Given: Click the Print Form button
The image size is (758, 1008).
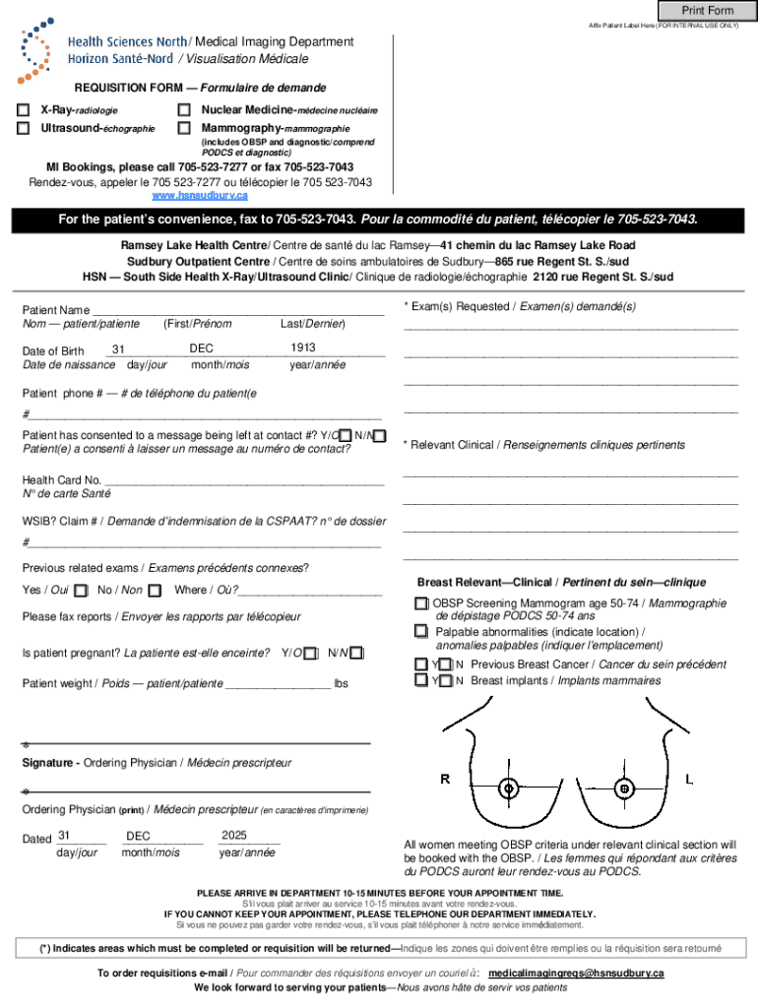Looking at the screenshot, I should (x=708, y=10).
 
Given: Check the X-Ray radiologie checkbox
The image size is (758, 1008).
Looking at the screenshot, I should (x=23, y=110).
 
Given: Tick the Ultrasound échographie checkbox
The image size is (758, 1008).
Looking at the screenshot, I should (x=23, y=128).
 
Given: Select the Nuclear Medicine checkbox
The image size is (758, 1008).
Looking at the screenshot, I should (x=183, y=110).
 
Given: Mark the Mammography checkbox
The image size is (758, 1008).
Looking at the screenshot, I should (x=183, y=128).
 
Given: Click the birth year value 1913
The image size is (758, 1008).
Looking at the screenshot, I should (x=303, y=347).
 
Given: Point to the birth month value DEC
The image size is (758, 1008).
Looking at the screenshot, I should (x=202, y=347).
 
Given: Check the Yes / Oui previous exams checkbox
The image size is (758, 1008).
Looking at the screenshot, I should (x=81, y=591).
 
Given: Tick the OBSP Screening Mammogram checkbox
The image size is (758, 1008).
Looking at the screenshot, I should (x=421, y=603).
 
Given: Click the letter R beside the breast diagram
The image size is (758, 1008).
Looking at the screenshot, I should (x=445, y=779).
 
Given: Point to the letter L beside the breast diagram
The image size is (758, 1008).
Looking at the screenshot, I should (x=689, y=779).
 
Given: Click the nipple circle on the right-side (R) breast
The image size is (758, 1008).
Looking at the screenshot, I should (x=508, y=788).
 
